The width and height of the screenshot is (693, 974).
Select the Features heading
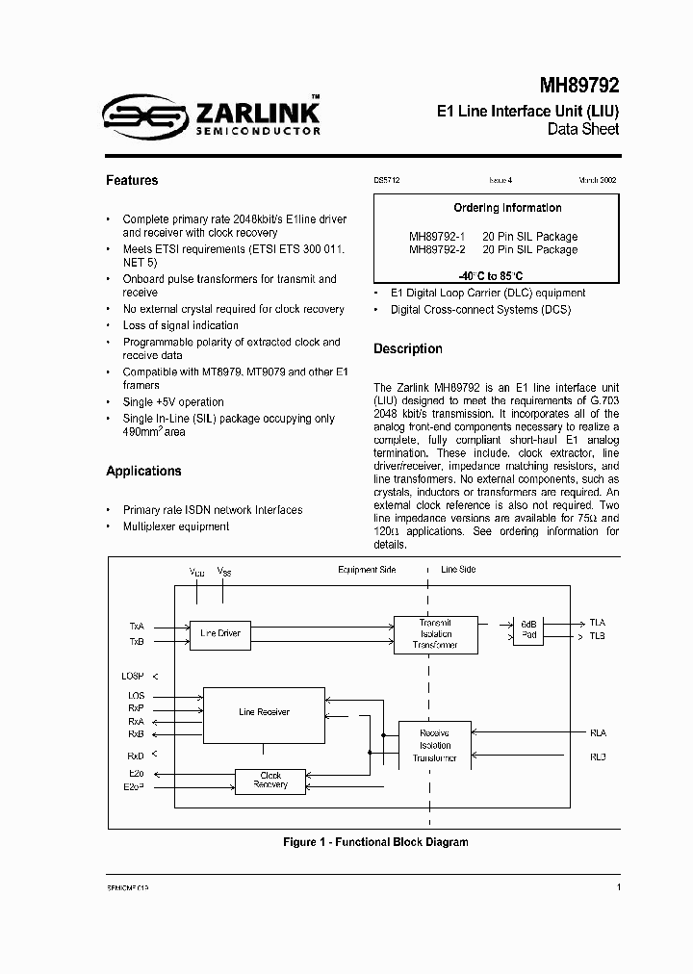point(132,180)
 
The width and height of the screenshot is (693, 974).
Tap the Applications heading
point(143,471)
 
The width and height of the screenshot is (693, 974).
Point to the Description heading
point(408,348)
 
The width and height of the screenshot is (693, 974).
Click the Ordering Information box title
point(494,208)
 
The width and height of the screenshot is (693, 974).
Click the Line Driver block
point(220,633)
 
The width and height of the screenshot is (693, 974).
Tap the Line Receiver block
point(264,712)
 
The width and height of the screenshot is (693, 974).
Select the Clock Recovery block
point(270,780)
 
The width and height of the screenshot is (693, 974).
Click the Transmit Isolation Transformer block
point(435,633)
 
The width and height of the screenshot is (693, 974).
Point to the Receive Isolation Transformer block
point(434,745)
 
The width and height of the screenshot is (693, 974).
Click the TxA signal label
point(136,626)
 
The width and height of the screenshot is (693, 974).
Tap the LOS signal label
point(136,695)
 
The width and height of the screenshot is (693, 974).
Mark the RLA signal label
point(598,733)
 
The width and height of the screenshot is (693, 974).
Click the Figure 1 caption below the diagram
point(375,842)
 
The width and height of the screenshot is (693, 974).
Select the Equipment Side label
point(367,570)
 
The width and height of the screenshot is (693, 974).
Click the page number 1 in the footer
point(618,887)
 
